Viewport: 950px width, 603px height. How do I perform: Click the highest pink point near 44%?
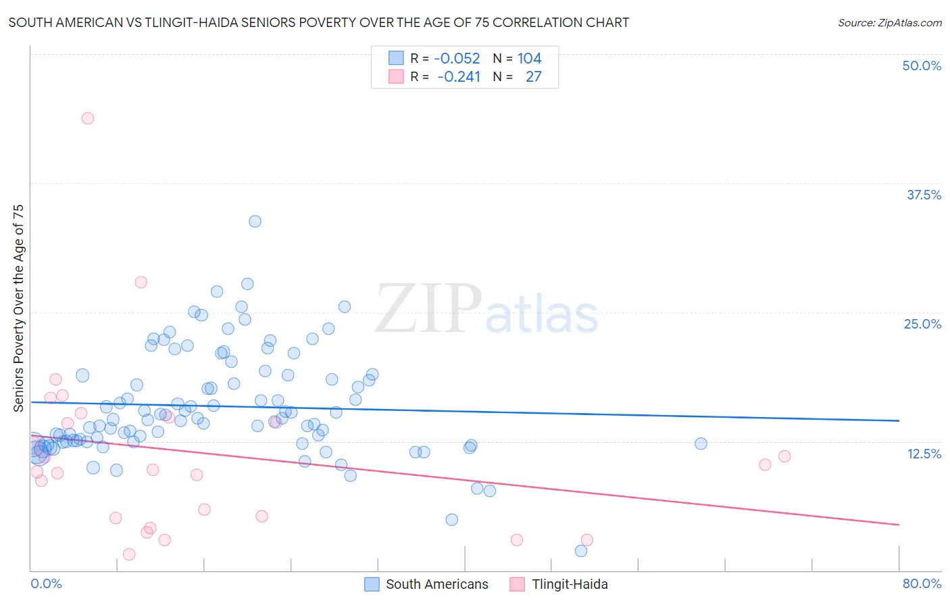87,118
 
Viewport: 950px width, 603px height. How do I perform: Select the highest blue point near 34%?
255,221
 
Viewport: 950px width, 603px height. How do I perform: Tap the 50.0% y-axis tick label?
922,66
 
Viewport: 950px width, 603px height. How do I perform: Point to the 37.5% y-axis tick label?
924,195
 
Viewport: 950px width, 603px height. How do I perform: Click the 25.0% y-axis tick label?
922,324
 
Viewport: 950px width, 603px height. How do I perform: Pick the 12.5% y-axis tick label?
924,454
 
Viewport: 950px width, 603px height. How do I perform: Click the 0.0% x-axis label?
47,583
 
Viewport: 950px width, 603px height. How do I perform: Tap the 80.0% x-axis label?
922,583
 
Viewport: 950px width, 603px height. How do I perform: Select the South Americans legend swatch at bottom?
372,584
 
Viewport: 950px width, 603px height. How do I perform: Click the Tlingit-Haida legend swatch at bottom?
518,584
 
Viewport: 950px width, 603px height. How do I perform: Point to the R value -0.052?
457,58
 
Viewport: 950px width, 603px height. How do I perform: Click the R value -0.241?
459,76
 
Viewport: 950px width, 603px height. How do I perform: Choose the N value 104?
529,58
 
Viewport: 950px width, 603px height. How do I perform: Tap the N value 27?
533,76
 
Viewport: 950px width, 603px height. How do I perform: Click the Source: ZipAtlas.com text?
889,22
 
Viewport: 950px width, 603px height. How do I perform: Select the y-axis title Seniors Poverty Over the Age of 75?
18,308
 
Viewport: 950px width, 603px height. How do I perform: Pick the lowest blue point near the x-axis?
581,551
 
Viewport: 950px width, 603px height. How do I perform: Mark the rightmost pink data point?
784,456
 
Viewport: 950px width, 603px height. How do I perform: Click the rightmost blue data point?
701,443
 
